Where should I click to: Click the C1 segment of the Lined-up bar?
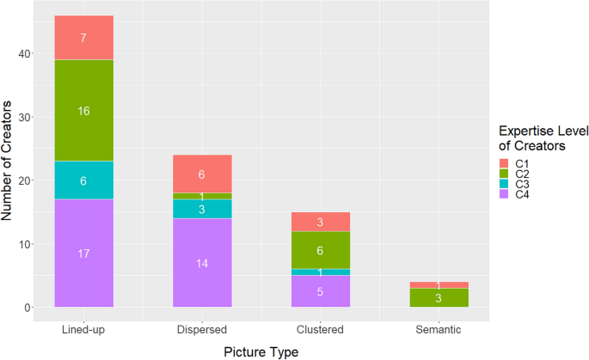click(83, 38)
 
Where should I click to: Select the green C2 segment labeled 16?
click(83, 111)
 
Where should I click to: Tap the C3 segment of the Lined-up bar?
click(83, 180)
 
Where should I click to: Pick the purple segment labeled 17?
click(83, 253)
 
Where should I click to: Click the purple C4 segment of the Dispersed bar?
click(202, 263)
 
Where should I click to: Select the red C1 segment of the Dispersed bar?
click(202, 174)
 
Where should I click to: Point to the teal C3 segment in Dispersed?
click(202, 209)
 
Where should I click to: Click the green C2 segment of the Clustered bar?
click(321, 250)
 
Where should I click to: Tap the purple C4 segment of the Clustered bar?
click(321, 291)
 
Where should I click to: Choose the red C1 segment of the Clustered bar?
click(321, 222)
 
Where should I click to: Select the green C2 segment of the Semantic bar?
click(439, 298)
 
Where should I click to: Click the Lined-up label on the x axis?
click(83, 329)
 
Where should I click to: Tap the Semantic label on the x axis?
click(439, 329)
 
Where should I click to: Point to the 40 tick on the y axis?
click(27, 53)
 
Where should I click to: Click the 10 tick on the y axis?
click(27, 244)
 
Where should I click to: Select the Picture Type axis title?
click(261, 351)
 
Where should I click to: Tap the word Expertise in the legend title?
click(530, 130)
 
